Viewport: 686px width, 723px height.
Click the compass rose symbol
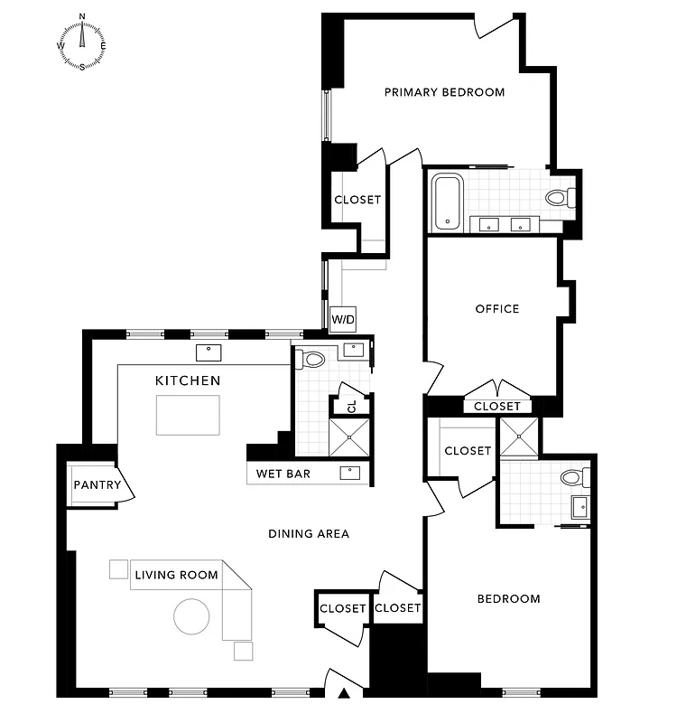(x=82, y=42)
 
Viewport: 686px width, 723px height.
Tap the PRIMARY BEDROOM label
(x=444, y=92)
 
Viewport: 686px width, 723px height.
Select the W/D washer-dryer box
(x=342, y=319)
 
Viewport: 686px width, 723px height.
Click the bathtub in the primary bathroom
(x=448, y=202)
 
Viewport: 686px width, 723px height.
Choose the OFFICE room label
(x=497, y=309)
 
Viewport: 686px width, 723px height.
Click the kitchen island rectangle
(x=188, y=415)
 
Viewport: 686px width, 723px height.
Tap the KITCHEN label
(x=188, y=380)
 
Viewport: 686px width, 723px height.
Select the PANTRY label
(x=97, y=485)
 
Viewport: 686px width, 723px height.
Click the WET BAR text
(x=284, y=474)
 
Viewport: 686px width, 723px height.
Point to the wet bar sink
(x=348, y=473)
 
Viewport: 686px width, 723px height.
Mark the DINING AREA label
(x=309, y=533)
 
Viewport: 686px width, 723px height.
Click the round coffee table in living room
(x=192, y=616)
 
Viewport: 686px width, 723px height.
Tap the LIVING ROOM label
(x=177, y=575)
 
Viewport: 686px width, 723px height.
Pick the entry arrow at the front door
(x=344, y=694)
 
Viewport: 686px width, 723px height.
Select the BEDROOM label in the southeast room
(x=509, y=599)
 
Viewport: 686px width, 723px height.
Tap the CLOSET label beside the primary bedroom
(x=357, y=200)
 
